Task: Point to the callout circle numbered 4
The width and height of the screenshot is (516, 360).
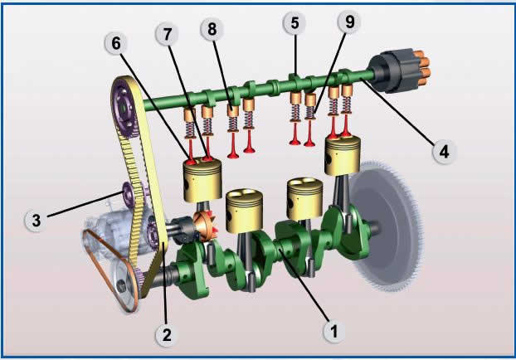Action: tap(444, 152)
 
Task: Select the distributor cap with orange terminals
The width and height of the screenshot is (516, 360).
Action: tap(401, 70)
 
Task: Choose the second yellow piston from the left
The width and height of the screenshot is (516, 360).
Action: tap(246, 206)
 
